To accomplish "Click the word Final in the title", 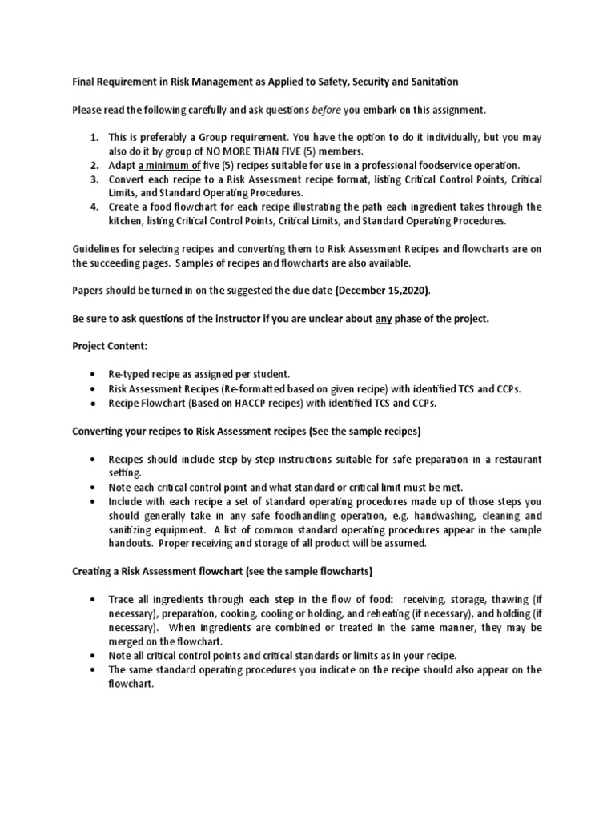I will [x=84, y=82].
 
